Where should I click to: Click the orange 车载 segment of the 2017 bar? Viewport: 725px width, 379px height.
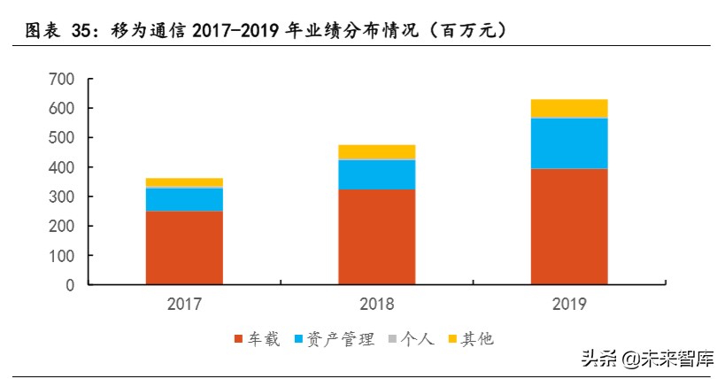click(184, 247)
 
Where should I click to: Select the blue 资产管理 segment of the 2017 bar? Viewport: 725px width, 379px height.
click(184, 199)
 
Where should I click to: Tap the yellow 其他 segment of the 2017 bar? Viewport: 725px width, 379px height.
click(184, 182)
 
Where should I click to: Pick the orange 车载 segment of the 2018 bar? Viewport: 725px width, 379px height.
click(376, 236)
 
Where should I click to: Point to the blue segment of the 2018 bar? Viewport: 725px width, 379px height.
click(376, 174)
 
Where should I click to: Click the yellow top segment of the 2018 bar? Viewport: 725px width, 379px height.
click(376, 152)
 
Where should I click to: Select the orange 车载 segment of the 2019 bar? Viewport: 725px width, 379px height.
click(568, 226)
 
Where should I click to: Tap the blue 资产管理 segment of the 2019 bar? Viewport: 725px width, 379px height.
click(568, 143)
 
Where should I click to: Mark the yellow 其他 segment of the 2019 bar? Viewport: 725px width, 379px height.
click(568, 108)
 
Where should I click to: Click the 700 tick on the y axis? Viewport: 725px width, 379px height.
click(62, 79)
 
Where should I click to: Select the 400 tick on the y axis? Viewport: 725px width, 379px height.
click(62, 167)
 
